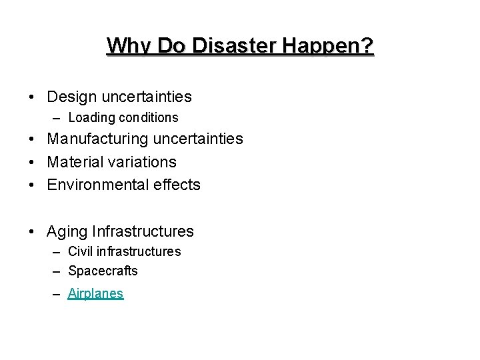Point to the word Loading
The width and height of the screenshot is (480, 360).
pyautogui.click(x=91, y=117)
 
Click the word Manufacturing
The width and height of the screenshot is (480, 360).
pyautogui.click(x=98, y=139)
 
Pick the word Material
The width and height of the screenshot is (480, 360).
pyautogui.click(x=73, y=162)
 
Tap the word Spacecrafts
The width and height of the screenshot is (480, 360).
pyautogui.click(x=103, y=271)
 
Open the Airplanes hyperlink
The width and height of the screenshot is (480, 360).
pyautogui.click(x=95, y=293)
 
